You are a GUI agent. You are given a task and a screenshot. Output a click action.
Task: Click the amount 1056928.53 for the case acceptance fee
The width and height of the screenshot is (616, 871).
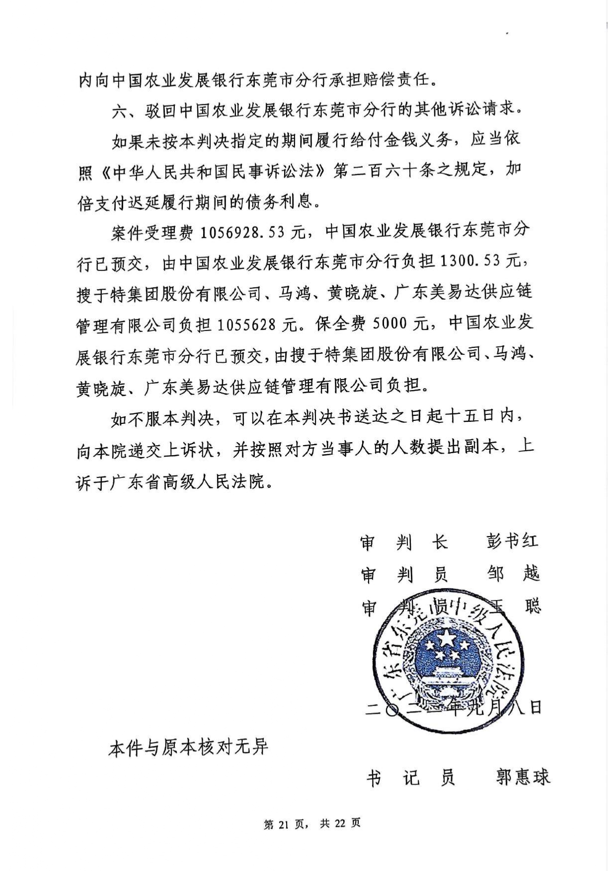[x=246, y=232]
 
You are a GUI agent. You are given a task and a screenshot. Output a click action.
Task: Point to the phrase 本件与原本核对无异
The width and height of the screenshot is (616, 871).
[x=188, y=747]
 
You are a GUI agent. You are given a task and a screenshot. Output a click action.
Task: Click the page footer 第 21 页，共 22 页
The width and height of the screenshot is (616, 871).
[x=312, y=824]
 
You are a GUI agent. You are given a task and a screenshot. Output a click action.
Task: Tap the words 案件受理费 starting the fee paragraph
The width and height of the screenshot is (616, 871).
[x=151, y=233]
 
